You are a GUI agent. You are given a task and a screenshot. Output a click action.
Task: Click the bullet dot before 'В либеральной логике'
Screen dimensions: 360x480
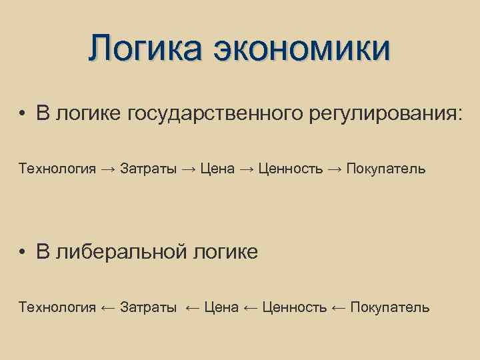23,252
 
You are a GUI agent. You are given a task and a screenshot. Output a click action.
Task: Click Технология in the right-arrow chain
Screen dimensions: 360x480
57,168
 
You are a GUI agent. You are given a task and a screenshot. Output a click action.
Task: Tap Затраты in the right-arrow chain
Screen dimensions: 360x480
149,168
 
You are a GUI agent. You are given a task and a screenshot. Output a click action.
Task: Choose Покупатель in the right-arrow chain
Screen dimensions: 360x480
385,168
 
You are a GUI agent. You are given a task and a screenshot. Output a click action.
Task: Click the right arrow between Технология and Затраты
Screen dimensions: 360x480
108,169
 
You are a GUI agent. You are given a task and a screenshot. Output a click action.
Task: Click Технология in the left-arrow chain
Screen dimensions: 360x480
57,307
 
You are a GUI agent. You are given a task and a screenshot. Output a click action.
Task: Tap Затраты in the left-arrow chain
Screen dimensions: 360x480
149,307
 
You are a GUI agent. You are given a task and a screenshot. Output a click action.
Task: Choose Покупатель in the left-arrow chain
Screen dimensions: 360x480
390,307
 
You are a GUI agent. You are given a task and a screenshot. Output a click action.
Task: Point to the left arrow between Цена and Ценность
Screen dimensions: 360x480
251,307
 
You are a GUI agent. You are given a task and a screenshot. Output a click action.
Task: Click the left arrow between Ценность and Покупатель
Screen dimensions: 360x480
339,307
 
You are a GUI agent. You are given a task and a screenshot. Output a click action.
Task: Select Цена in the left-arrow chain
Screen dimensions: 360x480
221,307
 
